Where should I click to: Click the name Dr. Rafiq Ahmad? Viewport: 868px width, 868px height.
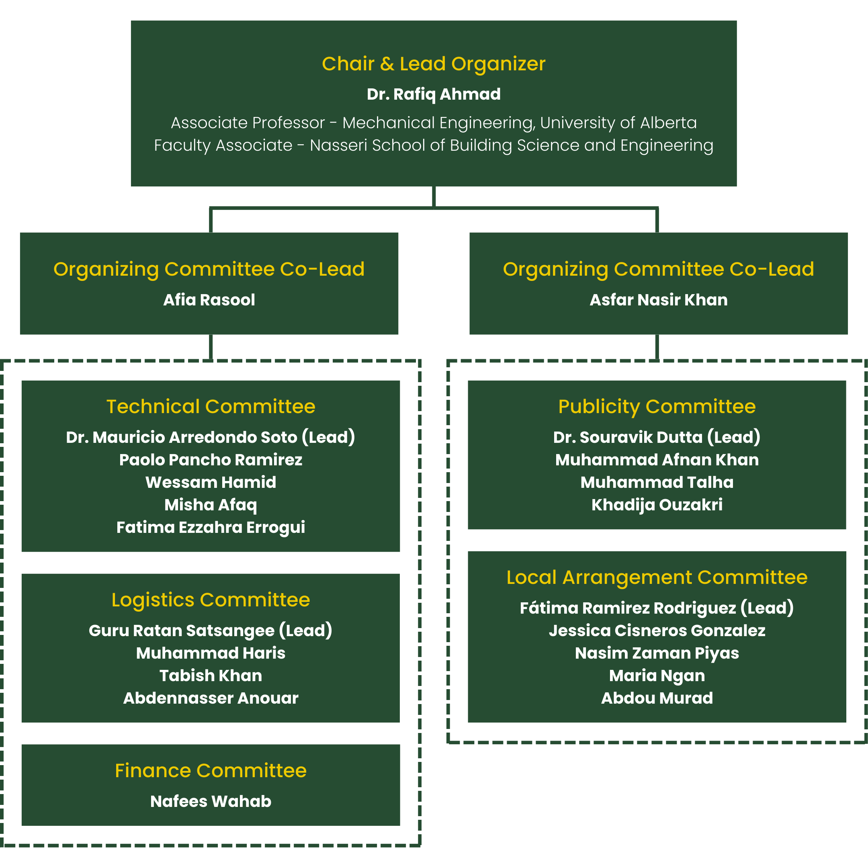click(434, 94)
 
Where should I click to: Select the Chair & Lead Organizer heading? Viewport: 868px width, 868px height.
click(434, 64)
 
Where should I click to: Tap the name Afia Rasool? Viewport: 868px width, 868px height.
click(209, 300)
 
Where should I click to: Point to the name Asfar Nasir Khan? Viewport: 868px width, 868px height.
click(658, 300)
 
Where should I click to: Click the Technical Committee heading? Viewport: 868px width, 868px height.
click(211, 407)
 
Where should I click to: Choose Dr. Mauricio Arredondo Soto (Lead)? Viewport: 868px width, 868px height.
click(211, 437)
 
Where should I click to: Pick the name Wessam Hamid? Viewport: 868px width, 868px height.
click(211, 482)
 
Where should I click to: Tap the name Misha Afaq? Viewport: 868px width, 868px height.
click(211, 505)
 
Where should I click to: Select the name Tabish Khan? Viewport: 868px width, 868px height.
click(211, 676)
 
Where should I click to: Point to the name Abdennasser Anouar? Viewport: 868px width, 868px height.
click(211, 698)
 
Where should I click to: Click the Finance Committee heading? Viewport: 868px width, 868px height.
click(211, 770)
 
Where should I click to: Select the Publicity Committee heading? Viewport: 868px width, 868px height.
click(657, 407)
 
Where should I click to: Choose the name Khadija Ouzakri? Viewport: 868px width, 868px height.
click(657, 505)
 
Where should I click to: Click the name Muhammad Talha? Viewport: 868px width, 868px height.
click(657, 482)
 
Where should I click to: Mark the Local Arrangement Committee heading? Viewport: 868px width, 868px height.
click(657, 577)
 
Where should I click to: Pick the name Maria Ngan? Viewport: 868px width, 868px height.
click(657, 676)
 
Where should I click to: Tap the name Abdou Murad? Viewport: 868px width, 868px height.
click(657, 698)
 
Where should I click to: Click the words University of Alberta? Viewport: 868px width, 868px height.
click(618, 123)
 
